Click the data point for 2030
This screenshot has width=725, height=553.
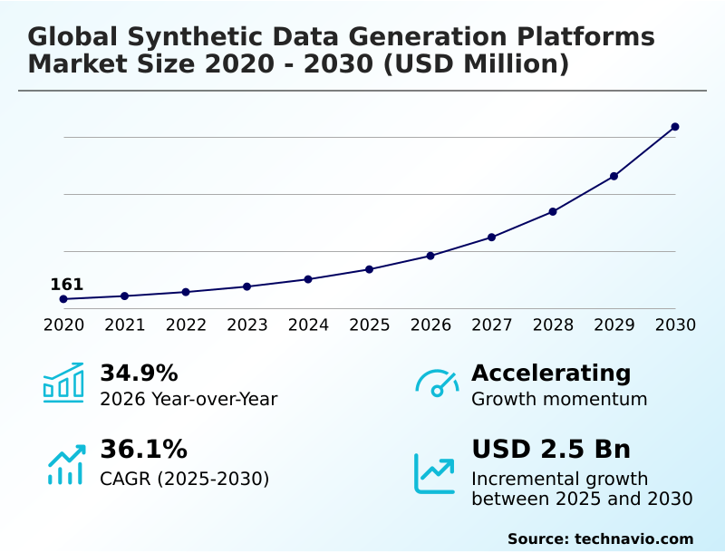[x=675, y=127]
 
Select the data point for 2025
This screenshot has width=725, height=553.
[x=370, y=269]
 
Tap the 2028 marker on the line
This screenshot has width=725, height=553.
[x=553, y=211]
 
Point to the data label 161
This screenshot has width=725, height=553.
[x=66, y=285]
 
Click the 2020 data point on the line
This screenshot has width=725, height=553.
[x=63, y=299]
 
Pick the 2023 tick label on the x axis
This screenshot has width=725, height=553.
[x=247, y=325]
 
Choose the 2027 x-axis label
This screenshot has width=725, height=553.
[x=492, y=325]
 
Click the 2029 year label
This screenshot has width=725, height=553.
[x=614, y=325]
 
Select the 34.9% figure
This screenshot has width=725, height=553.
[x=139, y=374]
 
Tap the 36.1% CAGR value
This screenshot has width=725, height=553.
[x=143, y=450]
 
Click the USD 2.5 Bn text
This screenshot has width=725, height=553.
[x=551, y=450]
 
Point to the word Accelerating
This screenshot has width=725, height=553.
[x=551, y=374]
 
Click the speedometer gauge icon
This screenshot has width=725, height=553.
[x=437, y=383]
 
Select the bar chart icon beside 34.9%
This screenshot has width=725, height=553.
[x=63, y=383]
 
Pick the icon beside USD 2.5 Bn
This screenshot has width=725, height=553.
[x=435, y=472]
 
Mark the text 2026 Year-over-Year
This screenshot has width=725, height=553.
[x=188, y=399]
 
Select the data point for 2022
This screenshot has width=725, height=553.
[x=186, y=292]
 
